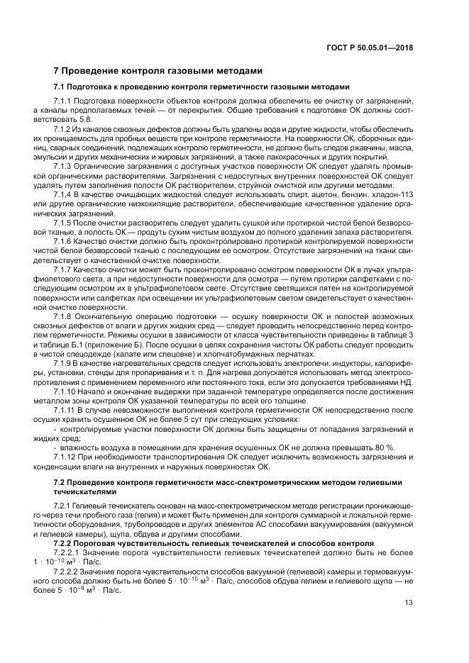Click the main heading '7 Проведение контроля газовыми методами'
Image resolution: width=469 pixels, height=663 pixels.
coord(159,71)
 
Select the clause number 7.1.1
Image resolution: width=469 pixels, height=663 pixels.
coord(65,102)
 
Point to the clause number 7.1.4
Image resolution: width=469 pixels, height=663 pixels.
coord(65,194)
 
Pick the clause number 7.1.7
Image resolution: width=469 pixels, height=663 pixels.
coord(65,270)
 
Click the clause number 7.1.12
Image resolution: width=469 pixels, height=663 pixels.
coord(67,457)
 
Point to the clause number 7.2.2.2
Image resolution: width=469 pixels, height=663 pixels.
coord(69,571)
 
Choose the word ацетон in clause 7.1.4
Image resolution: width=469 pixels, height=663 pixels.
coord(311,194)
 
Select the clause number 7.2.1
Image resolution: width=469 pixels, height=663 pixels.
coord(65,503)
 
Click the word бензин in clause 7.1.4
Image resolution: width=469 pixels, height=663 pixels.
coord(350,194)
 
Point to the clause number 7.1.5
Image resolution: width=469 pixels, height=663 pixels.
coord(65,222)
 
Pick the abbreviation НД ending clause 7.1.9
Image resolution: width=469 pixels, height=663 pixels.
coord(405,381)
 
